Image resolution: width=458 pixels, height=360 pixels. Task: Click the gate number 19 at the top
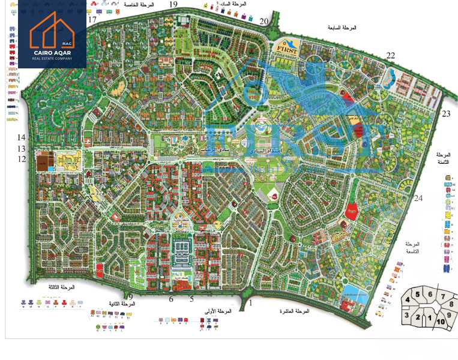pyautogui.click(x=173, y=4)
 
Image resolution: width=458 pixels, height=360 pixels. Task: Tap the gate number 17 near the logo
pyautogui.click(x=92, y=20)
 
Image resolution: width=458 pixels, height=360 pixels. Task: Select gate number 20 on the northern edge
pyautogui.click(x=264, y=21)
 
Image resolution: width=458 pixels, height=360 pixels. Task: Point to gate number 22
pyautogui.click(x=391, y=56)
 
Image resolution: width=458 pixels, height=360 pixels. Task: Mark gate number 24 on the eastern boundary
pyautogui.click(x=418, y=199)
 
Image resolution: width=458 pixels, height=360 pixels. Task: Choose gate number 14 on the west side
pyautogui.click(x=22, y=137)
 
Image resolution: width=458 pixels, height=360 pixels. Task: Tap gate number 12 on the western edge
pyautogui.click(x=22, y=159)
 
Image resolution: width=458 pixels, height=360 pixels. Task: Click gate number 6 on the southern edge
pyautogui.click(x=171, y=299)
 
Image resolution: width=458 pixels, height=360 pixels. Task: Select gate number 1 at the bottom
pyautogui.click(x=251, y=304)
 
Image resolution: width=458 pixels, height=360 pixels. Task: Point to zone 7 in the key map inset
pyautogui.click(x=443, y=295)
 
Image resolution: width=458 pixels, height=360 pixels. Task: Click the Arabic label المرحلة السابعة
pyautogui.click(x=343, y=28)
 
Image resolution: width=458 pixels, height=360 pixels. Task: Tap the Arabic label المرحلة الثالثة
pyautogui.click(x=62, y=287)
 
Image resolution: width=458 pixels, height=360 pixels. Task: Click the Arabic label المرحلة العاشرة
pyautogui.click(x=294, y=312)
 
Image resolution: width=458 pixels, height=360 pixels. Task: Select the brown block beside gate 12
pyautogui.click(x=43, y=161)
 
